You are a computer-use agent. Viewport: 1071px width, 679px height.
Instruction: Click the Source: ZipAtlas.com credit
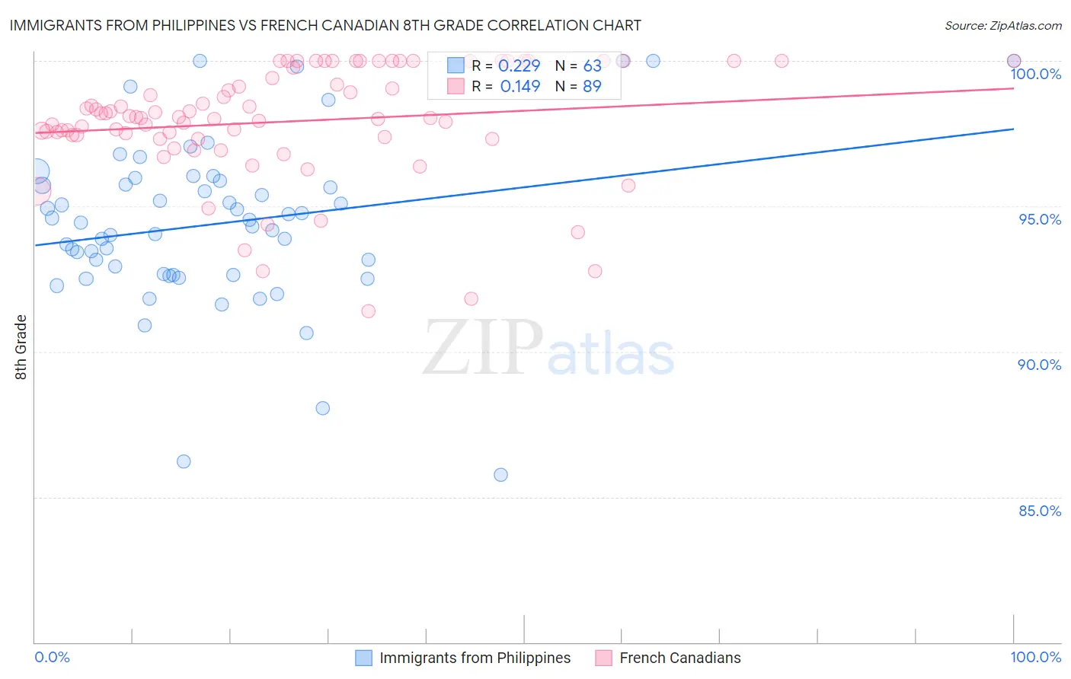[1002, 25]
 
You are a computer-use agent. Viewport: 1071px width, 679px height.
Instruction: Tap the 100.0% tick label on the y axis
[1035, 74]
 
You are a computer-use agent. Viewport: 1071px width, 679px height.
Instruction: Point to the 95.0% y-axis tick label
[1039, 219]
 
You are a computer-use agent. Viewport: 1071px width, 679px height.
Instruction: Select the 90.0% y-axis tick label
[1039, 365]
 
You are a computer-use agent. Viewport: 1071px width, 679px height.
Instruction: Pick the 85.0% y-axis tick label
[1039, 511]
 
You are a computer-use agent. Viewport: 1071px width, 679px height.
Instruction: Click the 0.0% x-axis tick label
[52, 657]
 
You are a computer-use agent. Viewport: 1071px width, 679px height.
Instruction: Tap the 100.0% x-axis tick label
[1035, 657]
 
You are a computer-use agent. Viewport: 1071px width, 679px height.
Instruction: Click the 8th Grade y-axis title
[21, 347]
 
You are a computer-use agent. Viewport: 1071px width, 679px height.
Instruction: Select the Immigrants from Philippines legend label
[475, 658]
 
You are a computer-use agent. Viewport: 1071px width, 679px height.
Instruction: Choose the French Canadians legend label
[679, 658]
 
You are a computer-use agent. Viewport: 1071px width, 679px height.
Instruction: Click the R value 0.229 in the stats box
[519, 66]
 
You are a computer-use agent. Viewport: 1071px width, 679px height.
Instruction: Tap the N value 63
[592, 66]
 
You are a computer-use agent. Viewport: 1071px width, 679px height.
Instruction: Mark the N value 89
[592, 87]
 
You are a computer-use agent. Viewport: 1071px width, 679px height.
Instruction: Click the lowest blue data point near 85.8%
[500, 475]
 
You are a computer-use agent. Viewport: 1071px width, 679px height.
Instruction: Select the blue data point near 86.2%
[184, 461]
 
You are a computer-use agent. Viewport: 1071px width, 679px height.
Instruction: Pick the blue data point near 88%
[323, 408]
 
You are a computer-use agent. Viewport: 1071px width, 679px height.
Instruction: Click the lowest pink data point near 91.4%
[369, 311]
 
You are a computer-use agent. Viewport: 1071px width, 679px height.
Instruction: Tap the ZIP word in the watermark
[483, 349]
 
